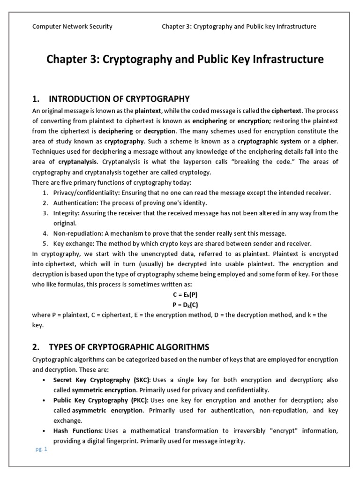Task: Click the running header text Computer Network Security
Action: (x=72, y=27)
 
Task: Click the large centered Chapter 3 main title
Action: (x=184, y=60)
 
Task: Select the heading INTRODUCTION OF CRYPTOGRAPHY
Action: (x=119, y=99)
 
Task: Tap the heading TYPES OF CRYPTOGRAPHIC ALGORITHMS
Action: (x=129, y=347)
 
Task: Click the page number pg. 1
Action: (x=42, y=449)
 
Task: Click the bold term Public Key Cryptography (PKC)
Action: (x=101, y=400)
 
